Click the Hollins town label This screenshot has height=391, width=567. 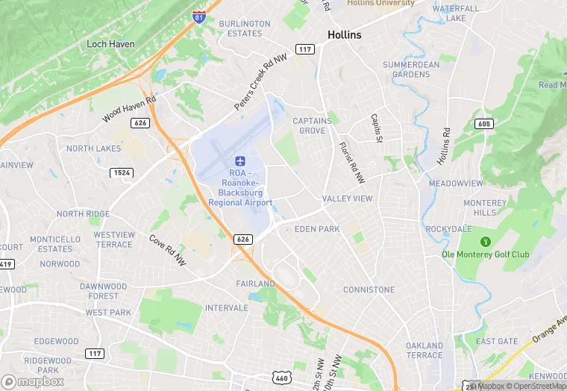(x=344, y=35)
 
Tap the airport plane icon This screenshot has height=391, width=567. (x=240, y=161)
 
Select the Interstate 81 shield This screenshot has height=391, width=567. (x=199, y=16)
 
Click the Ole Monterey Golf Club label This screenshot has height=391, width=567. (x=485, y=254)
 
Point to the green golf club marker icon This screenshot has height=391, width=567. (x=486, y=241)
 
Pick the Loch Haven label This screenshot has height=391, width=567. (x=110, y=44)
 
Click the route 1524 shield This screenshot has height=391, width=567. (x=121, y=172)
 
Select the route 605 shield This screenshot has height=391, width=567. (x=484, y=124)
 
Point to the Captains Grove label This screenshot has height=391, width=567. (x=309, y=125)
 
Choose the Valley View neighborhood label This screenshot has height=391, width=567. (x=347, y=198)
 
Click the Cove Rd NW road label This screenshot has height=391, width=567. (x=167, y=250)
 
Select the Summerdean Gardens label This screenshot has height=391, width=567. (x=411, y=69)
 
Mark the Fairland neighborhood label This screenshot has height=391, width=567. (x=255, y=284)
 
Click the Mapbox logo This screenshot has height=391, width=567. (x=33, y=381)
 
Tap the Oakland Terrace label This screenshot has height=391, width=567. (x=424, y=350)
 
